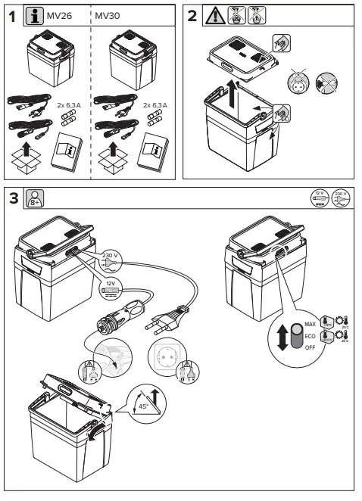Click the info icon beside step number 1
(34, 16)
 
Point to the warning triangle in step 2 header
(214, 16)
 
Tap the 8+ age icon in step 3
(35, 200)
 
